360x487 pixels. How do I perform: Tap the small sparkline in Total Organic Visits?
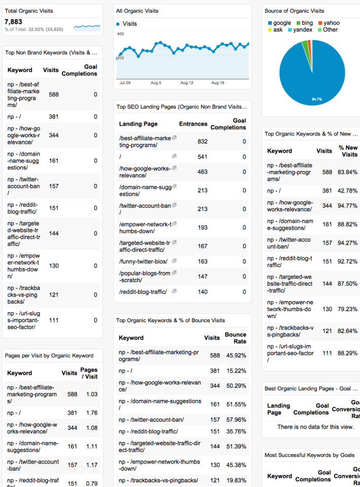[x=87, y=26]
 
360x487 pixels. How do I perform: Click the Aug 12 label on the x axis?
[x=187, y=83]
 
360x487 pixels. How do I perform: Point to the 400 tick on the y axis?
[x=120, y=34]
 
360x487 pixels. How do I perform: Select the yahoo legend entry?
[x=331, y=23]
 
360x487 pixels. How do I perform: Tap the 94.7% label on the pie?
[x=317, y=99]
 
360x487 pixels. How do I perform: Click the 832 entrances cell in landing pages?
[x=202, y=141]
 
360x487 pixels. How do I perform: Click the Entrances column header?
[x=193, y=124]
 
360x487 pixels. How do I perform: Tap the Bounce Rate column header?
[x=236, y=338]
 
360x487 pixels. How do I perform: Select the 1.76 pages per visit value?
[x=91, y=413]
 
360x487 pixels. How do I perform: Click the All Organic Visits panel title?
[x=137, y=11]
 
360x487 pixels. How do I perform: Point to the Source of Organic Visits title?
[x=294, y=11]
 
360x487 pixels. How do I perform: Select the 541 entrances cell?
[x=202, y=157]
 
